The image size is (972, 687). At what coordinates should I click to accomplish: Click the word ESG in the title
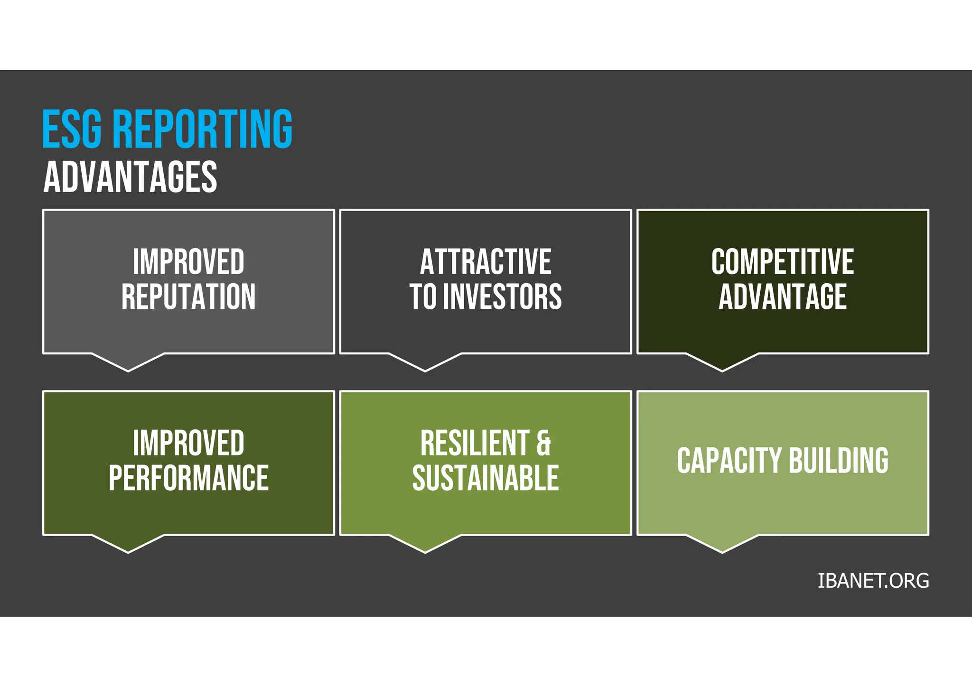coord(72,129)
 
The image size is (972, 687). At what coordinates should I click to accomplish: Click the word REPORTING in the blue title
coord(203,129)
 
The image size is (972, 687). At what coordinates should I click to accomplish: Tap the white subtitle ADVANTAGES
coord(131,177)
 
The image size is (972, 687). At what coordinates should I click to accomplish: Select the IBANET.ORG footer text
coord(873,581)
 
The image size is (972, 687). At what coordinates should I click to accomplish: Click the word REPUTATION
coord(188,297)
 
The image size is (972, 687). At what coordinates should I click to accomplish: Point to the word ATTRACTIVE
coord(486,262)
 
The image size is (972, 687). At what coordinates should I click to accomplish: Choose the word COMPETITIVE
coord(782,262)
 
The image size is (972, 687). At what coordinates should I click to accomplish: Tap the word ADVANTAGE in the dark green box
coord(782,297)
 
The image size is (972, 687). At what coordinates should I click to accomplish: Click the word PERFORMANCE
coord(188,478)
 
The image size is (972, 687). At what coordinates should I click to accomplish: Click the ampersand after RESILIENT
coord(544,443)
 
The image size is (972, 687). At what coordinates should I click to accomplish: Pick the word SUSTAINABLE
coord(486,478)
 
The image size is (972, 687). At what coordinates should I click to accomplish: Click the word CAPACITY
coord(729,460)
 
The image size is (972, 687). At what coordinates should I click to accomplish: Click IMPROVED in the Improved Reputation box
coord(188,262)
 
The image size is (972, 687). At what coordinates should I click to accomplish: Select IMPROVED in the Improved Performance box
coord(188,443)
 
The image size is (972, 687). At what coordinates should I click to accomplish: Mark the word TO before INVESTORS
coord(423,297)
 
